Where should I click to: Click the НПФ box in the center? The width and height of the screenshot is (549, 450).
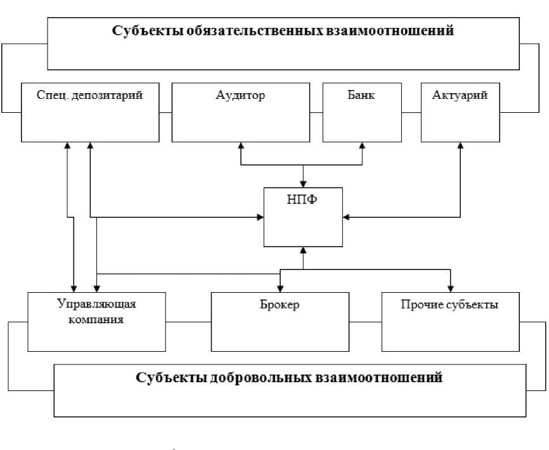[x=303, y=217]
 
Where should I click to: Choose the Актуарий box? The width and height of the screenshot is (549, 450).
[x=461, y=112]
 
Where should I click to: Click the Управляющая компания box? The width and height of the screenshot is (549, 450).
[x=96, y=321]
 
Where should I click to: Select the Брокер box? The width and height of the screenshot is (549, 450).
[x=280, y=321]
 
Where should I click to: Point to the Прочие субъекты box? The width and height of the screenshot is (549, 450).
[x=449, y=321]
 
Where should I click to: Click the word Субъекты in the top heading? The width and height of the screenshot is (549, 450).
[x=139, y=30]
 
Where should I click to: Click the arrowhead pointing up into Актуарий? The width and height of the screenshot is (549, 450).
[x=461, y=146]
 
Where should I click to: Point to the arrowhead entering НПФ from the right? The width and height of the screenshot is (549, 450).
[x=346, y=217]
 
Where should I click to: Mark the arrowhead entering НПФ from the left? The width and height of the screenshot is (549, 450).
[x=261, y=217]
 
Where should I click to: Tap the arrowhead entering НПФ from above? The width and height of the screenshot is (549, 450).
[x=304, y=184]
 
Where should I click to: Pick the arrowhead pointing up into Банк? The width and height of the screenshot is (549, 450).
[x=363, y=146]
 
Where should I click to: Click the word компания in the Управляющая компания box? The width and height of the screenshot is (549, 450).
[x=96, y=320]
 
